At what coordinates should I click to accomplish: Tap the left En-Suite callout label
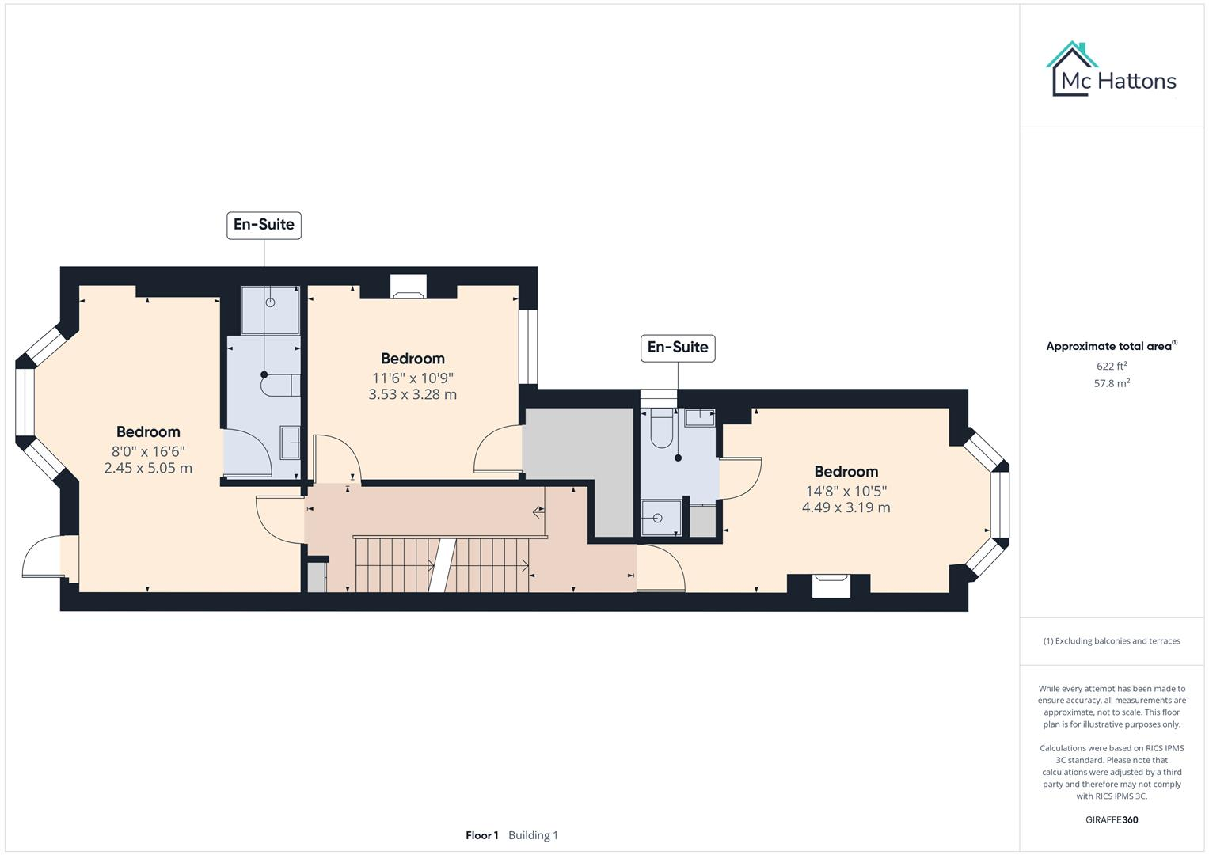[x=264, y=225]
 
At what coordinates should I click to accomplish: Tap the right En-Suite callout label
[x=678, y=348]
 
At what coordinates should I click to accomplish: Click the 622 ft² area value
[x=1112, y=366]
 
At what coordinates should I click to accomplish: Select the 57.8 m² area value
[x=1112, y=383]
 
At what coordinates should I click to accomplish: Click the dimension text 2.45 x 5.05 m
[x=148, y=468]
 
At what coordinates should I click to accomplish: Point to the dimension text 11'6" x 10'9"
[x=413, y=378]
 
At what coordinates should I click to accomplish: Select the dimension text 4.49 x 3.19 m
[x=846, y=507]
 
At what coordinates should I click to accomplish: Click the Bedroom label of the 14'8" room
[x=846, y=472]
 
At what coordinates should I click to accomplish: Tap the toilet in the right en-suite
[x=661, y=429]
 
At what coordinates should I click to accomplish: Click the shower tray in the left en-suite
[x=270, y=310]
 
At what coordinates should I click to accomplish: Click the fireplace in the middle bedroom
[x=409, y=289]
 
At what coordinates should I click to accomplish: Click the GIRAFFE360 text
[x=1112, y=819]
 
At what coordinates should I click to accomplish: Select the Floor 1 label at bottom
[x=481, y=835]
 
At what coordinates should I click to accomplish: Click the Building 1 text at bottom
[x=533, y=835]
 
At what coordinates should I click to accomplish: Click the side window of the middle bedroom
[x=528, y=347]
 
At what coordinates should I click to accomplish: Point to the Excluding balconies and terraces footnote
[x=1112, y=641]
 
